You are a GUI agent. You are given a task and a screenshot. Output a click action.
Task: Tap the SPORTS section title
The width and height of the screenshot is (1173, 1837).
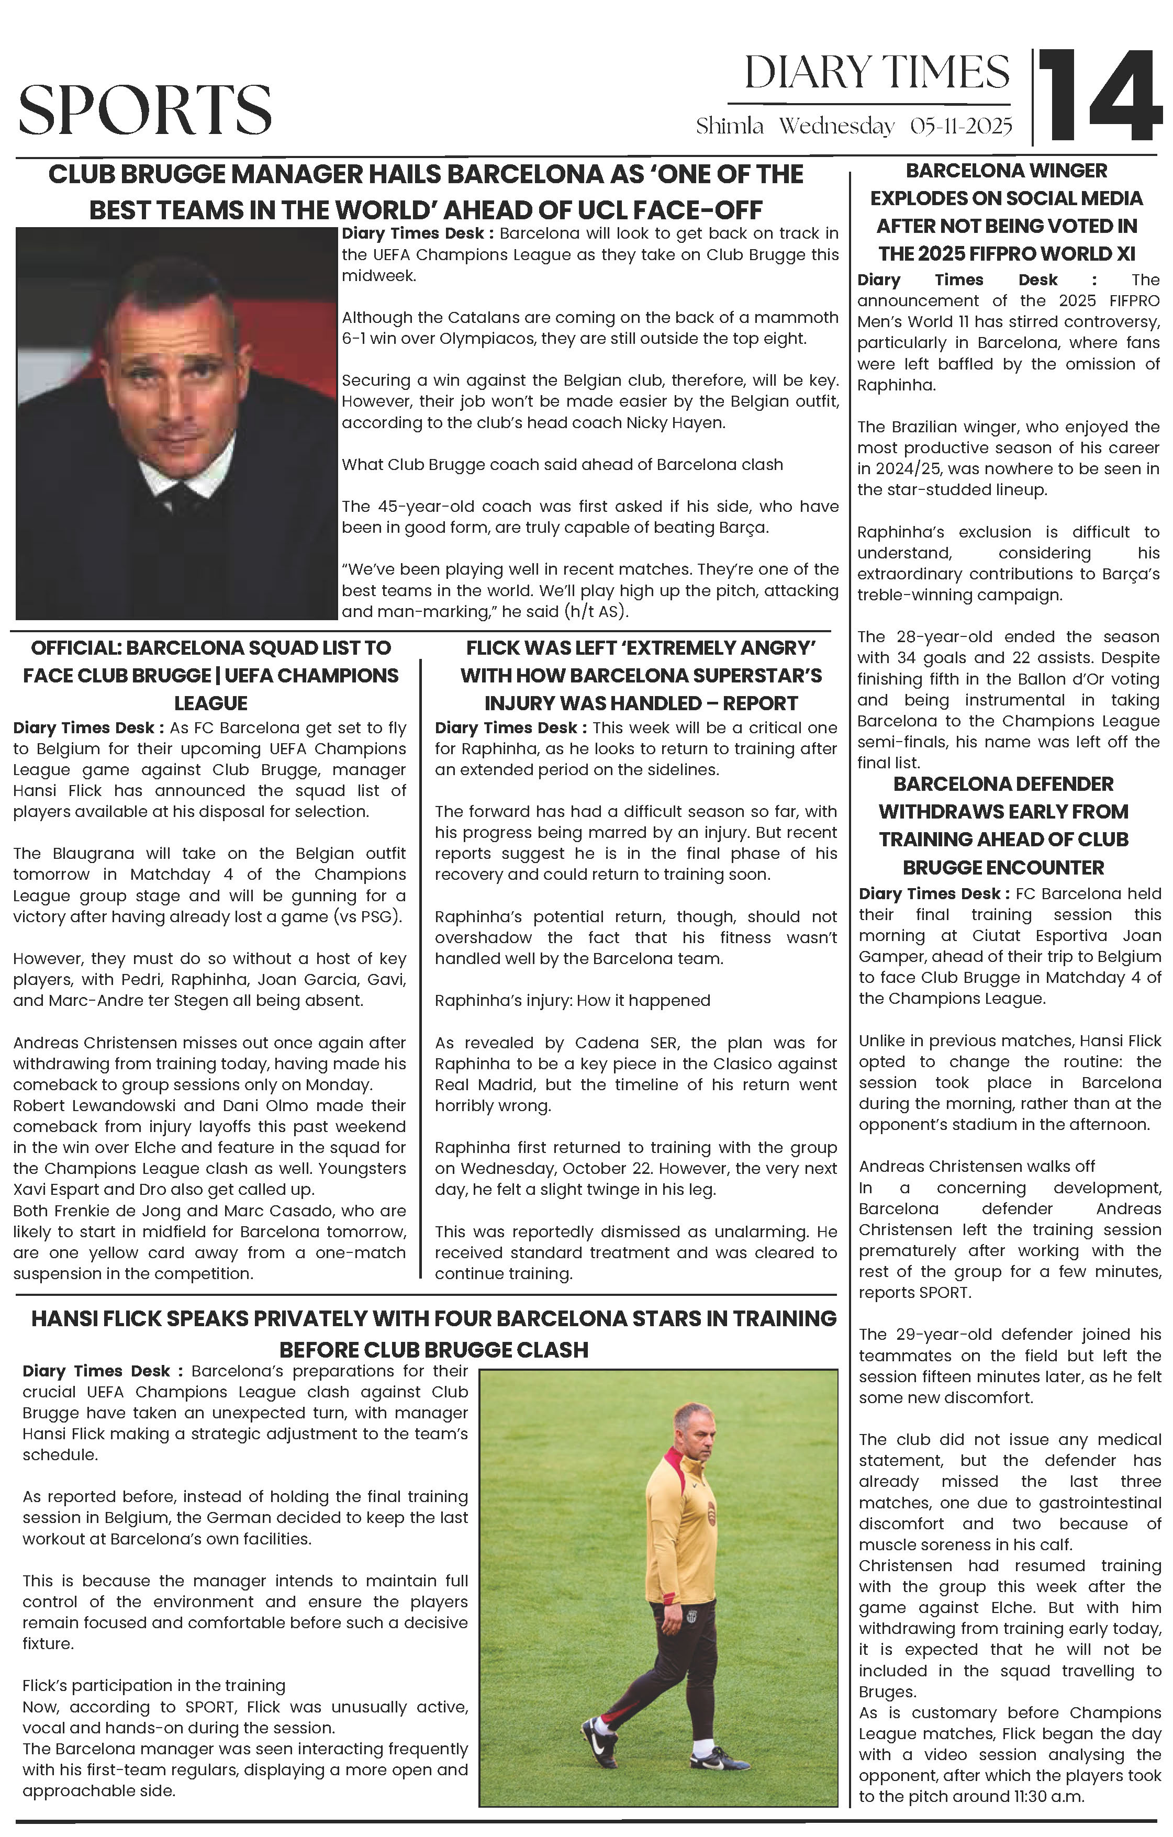[x=145, y=110]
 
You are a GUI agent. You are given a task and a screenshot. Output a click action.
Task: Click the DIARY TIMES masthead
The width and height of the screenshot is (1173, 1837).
[x=877, y=73]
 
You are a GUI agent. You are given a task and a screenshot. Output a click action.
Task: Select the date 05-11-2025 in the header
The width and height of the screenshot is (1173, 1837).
[x=961, y=127]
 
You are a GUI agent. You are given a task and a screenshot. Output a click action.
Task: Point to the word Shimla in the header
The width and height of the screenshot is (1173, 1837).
[x=729, y=127]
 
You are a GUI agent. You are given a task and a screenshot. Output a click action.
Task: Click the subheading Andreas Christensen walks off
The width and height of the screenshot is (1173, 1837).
[x=976, y=1167]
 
